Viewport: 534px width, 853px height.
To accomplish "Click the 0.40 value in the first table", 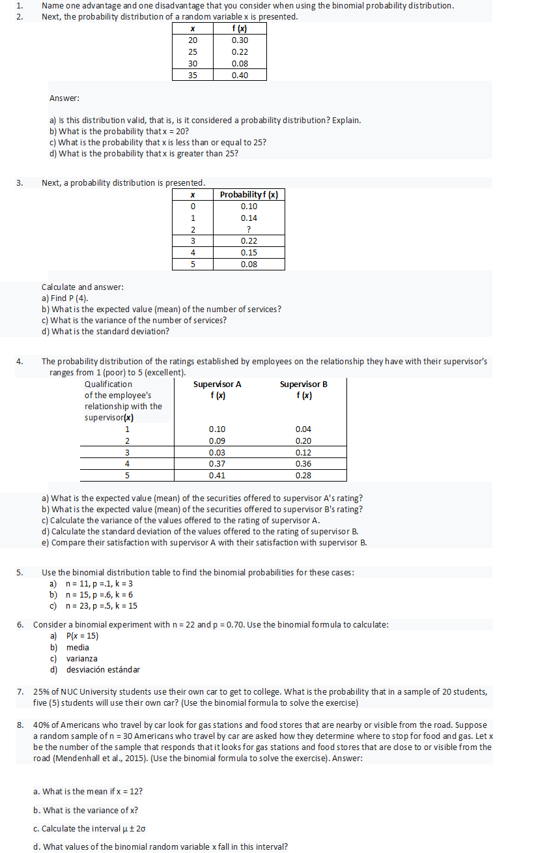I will click(x=240, y=75).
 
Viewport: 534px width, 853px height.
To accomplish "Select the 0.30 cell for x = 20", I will click(x=240, y=40).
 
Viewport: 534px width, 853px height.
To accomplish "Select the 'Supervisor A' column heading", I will click(x=217, y=384).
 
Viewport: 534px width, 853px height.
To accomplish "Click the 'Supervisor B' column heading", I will click(x=303, y=384).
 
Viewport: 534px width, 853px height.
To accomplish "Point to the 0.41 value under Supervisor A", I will click(x=217, y=476).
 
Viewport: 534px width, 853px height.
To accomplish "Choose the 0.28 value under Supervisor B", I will click(x=303, y=476).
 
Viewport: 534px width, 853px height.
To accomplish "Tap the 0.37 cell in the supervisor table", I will click(x=217, y=464).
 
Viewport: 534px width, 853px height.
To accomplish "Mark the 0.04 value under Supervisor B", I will click(x=303, y=429).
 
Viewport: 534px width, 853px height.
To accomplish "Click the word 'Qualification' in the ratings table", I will click(x=108, y=384).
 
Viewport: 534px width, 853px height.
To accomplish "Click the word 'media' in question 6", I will click(x=77, y=647).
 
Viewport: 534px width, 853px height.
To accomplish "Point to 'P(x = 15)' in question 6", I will click(x=83, y=636).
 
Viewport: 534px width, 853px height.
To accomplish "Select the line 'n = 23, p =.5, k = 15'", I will click(x=102, y=606).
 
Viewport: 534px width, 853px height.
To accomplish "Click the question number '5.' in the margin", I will click(x=20, y=573).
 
